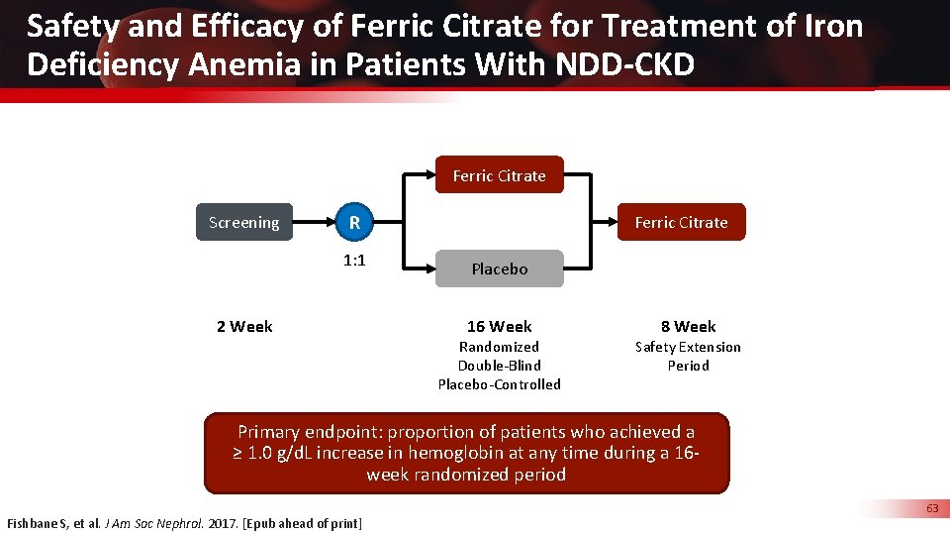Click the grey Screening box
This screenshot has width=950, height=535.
coord(243,223)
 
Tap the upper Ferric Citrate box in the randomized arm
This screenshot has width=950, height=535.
coord(499,175)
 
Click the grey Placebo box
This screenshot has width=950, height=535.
coord(499,268)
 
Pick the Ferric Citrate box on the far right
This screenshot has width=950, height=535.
coord(681,223)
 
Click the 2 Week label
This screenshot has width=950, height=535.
coord(244,326)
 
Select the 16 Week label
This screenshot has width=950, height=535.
coord(499,326)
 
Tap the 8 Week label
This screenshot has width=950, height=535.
coord(688,326)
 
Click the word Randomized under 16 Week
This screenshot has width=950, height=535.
coord(499,347)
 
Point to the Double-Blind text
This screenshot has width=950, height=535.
coord(499,366)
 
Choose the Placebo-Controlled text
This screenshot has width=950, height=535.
coord(499,384)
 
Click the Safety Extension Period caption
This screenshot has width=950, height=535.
coord(688,356)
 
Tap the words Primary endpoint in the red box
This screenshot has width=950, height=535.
coord(310,432)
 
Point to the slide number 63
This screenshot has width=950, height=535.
coord(932,508)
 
